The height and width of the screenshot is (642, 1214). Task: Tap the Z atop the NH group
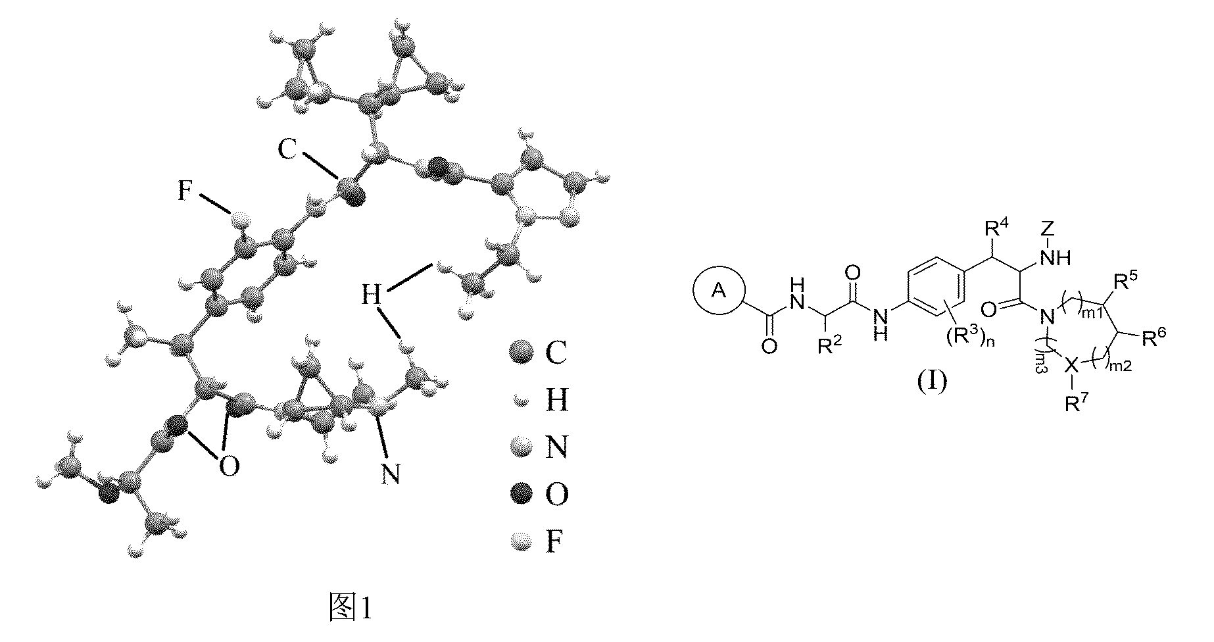tap(1050, 230)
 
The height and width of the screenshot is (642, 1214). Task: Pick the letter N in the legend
tap(556, 449)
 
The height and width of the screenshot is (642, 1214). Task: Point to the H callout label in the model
tap(372, 293)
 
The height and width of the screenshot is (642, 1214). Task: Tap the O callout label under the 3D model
tap(229, 467)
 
